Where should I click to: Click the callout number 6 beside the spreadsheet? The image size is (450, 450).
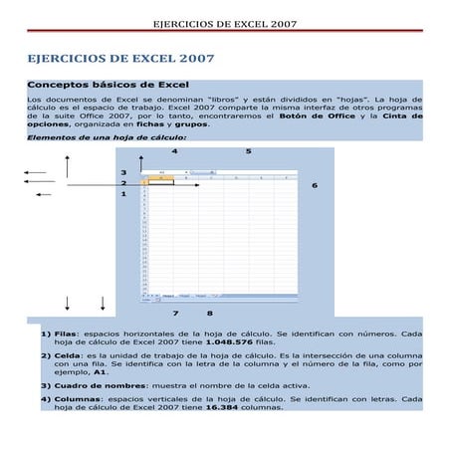315,185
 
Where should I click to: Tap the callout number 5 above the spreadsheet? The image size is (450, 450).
248,151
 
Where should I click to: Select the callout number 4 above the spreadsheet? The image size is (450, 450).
175,151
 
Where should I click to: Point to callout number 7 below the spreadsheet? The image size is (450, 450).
175,314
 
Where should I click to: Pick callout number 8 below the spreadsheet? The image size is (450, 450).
210,314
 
